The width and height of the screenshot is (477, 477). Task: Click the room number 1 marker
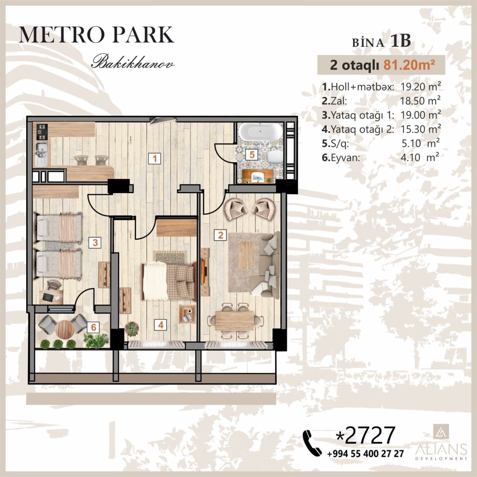pyautogui.click(x=155, y=159)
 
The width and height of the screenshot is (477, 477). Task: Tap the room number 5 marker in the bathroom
pyautogui.click(x=251, y=155)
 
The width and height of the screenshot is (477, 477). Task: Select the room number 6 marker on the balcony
pyautogui.click(x=94, y=327)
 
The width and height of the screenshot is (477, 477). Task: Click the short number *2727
pyautogui.click(x=366, y=435)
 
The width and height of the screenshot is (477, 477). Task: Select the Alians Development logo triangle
pyautogui.click(x=440, y=431)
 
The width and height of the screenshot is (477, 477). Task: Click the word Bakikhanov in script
pyautogui.click(x=132, y=63)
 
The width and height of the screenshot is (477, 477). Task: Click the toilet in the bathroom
pyautogui.click(x=274, y=157)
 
